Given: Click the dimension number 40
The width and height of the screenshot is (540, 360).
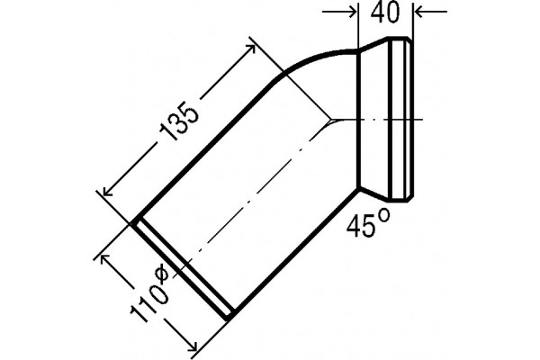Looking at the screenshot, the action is pos(385,13).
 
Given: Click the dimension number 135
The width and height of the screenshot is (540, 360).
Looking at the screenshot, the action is pos(179,121).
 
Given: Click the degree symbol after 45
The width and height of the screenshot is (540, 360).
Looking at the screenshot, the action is pos(384,215).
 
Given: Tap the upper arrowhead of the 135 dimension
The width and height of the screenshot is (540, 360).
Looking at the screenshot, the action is pos(250,49).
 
